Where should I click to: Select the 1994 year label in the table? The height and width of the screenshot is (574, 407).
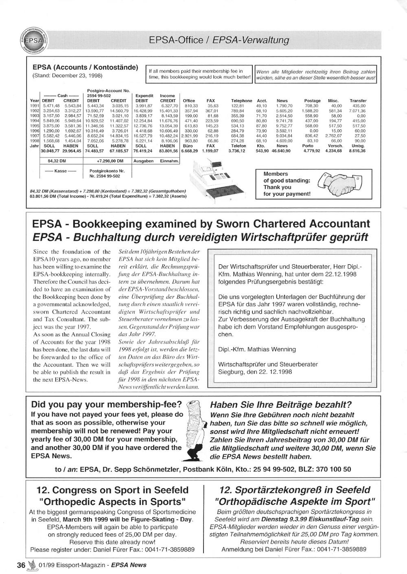click(x=35, y=121)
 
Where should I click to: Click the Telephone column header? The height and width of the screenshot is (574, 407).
click(x=241, y=101)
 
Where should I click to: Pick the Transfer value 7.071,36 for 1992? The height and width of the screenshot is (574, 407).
click(x=357, y=111)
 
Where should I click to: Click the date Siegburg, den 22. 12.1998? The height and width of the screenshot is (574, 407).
click(x=255, y=372)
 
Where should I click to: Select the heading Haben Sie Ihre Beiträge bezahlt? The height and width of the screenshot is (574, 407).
click(x=280, y=405)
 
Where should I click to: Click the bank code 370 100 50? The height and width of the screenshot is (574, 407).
click(x=331, y=469)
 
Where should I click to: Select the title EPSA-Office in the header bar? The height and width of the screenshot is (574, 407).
click(x=175, y=40)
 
